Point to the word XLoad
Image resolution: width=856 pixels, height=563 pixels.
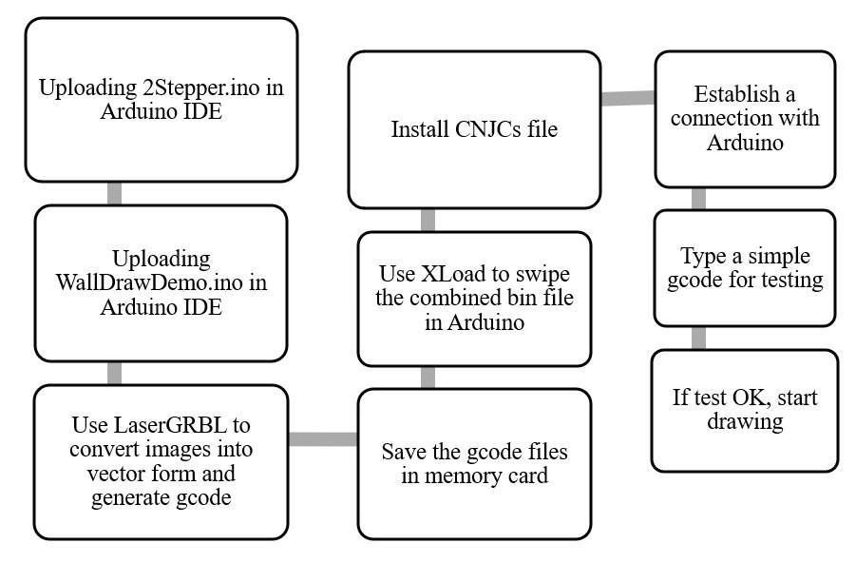point(447,274)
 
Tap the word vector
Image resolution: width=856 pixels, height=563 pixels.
point(116,474)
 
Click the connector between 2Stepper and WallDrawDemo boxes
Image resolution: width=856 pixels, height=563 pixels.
point(114,193)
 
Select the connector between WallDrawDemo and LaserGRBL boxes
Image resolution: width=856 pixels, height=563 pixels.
point(114,374)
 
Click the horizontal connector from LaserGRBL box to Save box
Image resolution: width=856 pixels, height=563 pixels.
point(323,439)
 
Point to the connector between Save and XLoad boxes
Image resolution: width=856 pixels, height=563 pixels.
point(428,378)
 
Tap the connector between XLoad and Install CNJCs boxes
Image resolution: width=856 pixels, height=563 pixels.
point(428,221)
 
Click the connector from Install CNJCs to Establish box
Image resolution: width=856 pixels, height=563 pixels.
point(628,98)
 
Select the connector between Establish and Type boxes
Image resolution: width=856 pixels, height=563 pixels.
point(698,199)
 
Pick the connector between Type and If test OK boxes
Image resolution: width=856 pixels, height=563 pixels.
point(698,339)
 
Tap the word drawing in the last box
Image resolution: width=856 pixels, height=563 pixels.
point(745,421)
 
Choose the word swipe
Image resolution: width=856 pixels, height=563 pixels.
point(544,274)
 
